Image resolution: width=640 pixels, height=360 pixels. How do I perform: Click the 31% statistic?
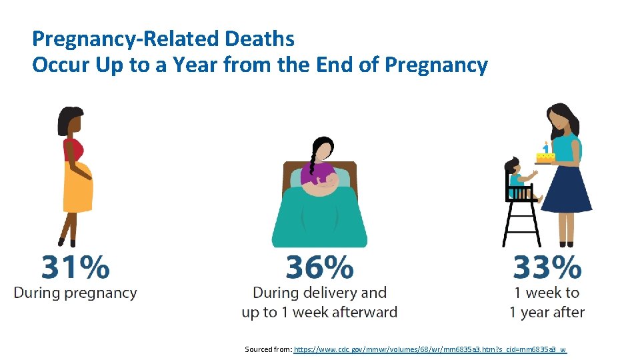click(x=75, y=267)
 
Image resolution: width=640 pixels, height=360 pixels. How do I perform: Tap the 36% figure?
click(x=319, y=267)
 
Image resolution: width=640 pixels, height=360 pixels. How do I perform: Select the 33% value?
click(x=547, y=267)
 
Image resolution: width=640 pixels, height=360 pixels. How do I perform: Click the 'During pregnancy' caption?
click(x=75, y=293)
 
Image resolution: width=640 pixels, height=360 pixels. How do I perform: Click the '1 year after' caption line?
click(x=547, y=312)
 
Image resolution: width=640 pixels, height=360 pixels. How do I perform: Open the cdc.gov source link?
click(x=430, y=349)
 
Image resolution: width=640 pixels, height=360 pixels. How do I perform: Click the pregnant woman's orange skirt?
click(x=77, y=193)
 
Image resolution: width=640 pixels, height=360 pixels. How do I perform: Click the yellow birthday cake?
click(x=545, y=157)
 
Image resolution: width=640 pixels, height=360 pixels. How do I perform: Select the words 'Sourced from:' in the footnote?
click(x=268, y=349)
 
